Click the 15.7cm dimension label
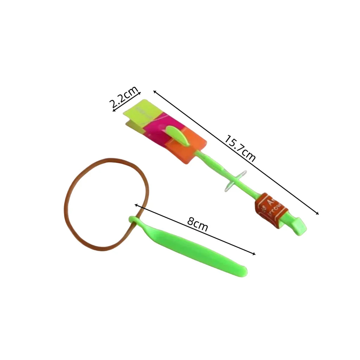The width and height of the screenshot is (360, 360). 240,148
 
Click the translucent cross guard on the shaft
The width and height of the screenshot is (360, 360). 235,181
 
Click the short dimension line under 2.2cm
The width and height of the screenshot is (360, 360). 127,102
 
